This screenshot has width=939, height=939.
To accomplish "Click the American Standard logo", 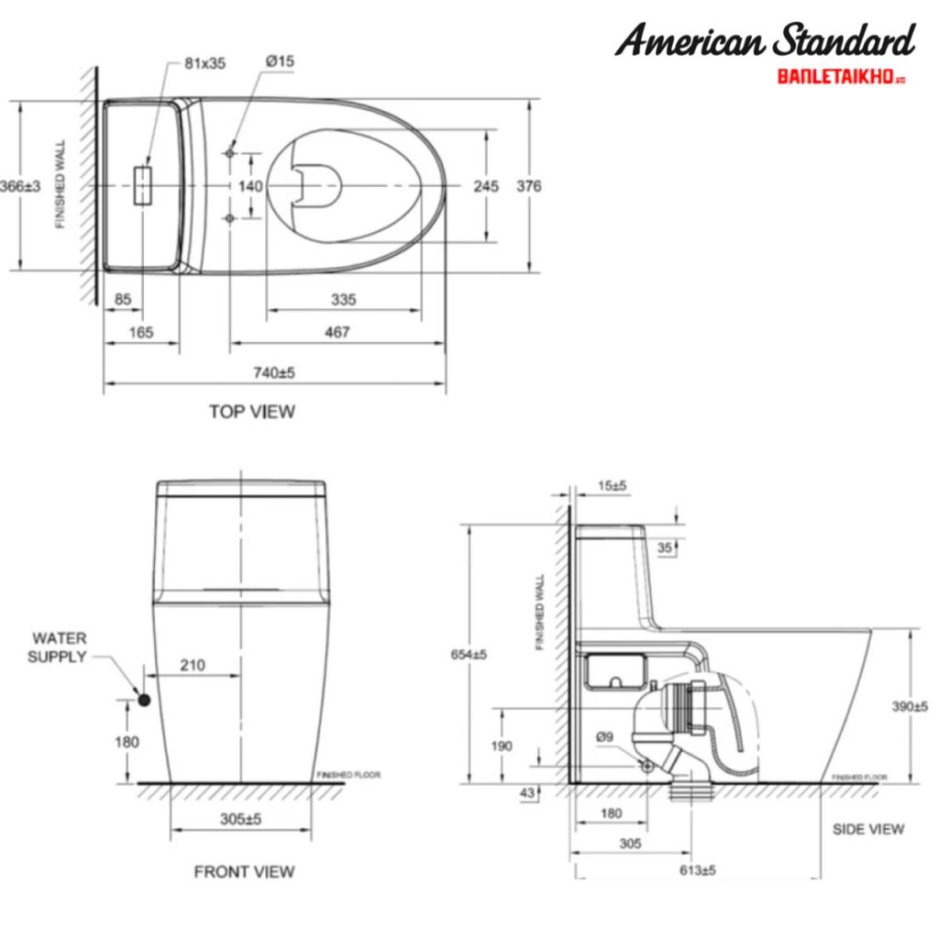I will [765, 40].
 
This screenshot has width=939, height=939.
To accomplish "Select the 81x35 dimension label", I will [204, 63].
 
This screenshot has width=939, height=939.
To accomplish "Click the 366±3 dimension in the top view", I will [20, 186].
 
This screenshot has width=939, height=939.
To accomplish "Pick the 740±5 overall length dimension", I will [274, 372].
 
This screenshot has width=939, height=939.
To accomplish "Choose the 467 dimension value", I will [337, 332].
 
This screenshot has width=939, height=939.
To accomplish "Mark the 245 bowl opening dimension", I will [486, 186].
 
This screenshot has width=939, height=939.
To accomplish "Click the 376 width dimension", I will [529, 186].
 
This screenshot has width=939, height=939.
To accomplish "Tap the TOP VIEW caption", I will [251, 412].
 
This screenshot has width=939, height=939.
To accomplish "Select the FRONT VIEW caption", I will [244, 871].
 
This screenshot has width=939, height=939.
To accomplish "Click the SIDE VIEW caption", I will [867, 829].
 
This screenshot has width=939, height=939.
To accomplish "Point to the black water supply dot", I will [143, 700].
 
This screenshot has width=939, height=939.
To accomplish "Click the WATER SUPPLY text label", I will [59, 647].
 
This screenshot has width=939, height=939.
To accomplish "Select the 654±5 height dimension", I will [469, 654].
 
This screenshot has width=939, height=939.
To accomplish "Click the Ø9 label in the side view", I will [603, 736].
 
